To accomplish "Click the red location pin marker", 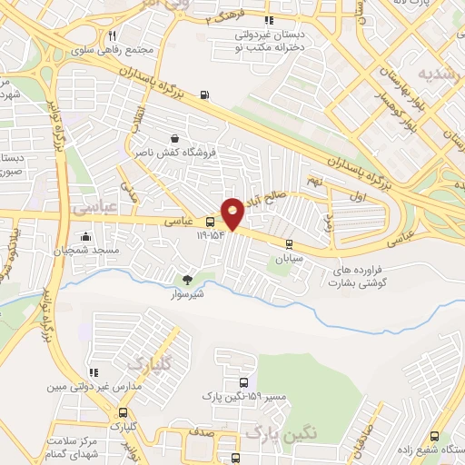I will [x=232, y=213].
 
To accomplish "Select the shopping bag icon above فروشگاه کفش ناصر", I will [x=173, y=138].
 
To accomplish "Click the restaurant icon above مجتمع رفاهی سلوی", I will [x=112, y=35].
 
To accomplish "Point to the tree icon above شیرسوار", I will [x=188, y=280].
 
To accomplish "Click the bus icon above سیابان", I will [x=289, y=243].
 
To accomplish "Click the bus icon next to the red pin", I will [x=211, y=222].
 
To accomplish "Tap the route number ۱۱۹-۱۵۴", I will [x=210, y=235].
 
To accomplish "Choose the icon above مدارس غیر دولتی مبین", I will [x=92, y=372].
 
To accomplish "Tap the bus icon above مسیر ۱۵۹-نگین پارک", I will [x=242, y=382].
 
